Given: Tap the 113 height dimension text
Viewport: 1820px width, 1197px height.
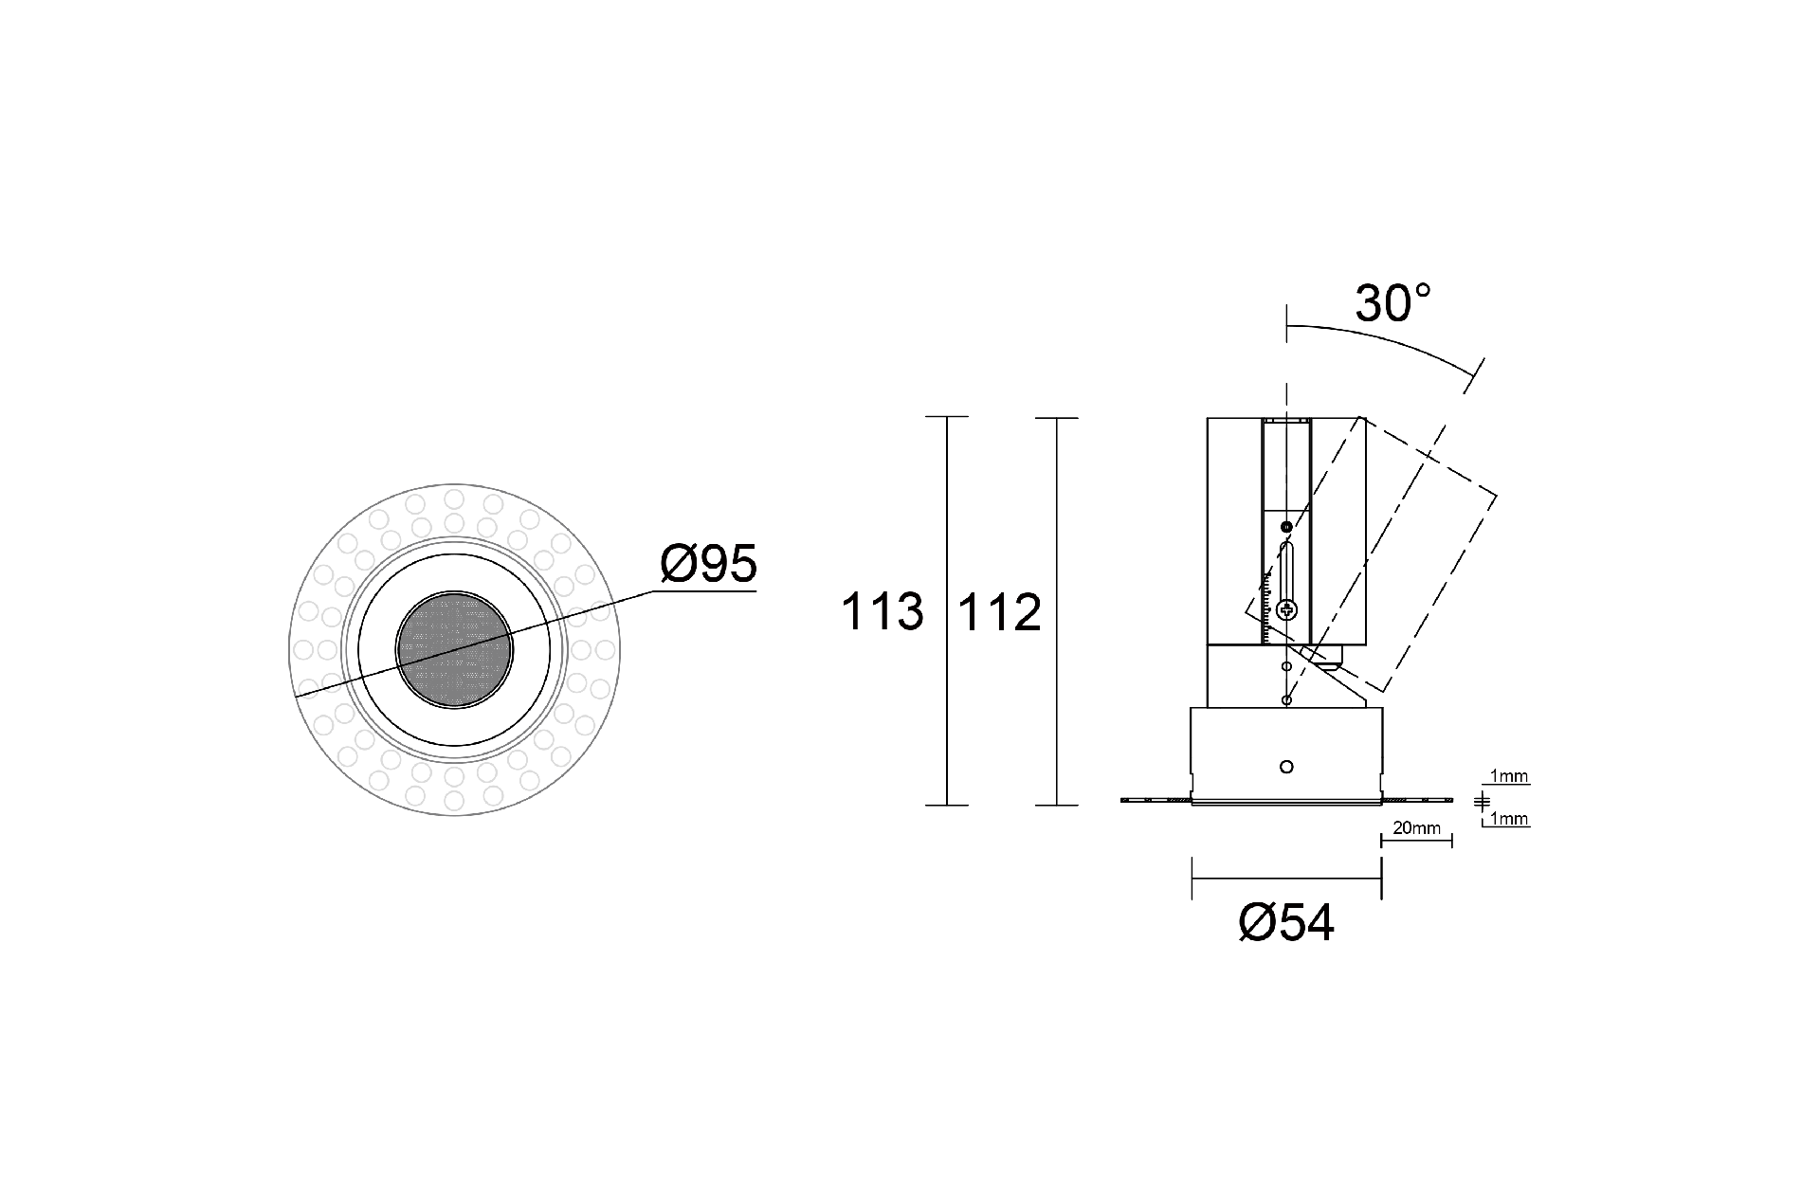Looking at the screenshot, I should coord(882,612).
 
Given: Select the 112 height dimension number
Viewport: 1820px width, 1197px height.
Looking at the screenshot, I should coord(1000,613).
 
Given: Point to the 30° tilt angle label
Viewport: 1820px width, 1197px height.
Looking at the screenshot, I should coord(1392,304).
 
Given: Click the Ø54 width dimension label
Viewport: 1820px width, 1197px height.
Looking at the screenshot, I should coord(1286,923).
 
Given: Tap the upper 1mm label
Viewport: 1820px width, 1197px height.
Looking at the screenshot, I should coord(1509,778).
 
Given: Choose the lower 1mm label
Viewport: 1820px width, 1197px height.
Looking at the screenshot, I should coord(1509,819).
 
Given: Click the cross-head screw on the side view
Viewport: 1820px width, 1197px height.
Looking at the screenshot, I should coord(1286,610).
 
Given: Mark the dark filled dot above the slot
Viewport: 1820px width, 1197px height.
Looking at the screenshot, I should coord(1286,527).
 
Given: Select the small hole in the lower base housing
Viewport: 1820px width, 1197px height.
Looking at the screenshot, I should coord(1286,766).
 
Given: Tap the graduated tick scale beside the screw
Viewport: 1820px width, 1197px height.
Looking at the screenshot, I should coord(1267,607).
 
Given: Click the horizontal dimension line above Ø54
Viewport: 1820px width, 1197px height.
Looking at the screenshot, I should coord(1286,879).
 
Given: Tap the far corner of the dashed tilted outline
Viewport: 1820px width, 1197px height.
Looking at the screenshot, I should coord(1497,495).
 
